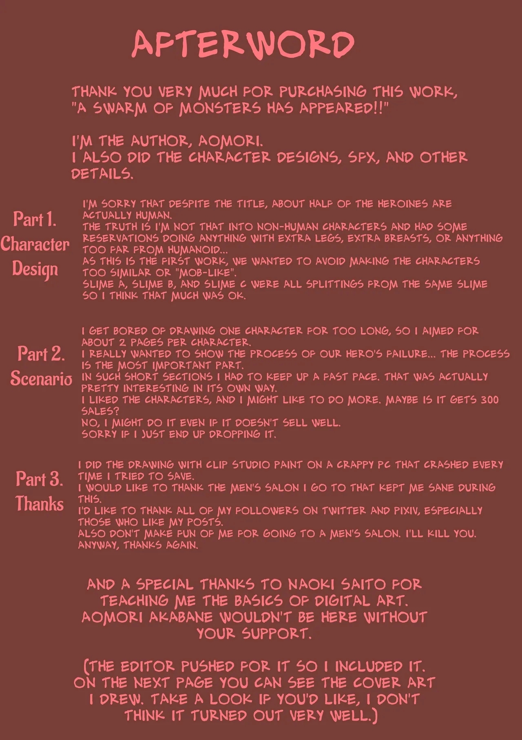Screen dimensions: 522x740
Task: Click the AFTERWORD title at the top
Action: pyautogui.click(x=243, y=44)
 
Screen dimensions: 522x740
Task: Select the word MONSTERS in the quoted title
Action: pyautogui.click(x=220, y=108)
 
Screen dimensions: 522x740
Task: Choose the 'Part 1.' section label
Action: pyautogui.click(x=35, y=219)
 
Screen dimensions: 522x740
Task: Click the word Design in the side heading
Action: pyautogui.click(x=35, y=269)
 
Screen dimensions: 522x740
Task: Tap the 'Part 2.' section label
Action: pyautogui.click(x=41, y=354)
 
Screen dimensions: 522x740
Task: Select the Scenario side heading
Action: pyautogui.click(x=41, y=378)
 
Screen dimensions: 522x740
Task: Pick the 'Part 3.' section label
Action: pyautogui.click(x=40, y=479)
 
